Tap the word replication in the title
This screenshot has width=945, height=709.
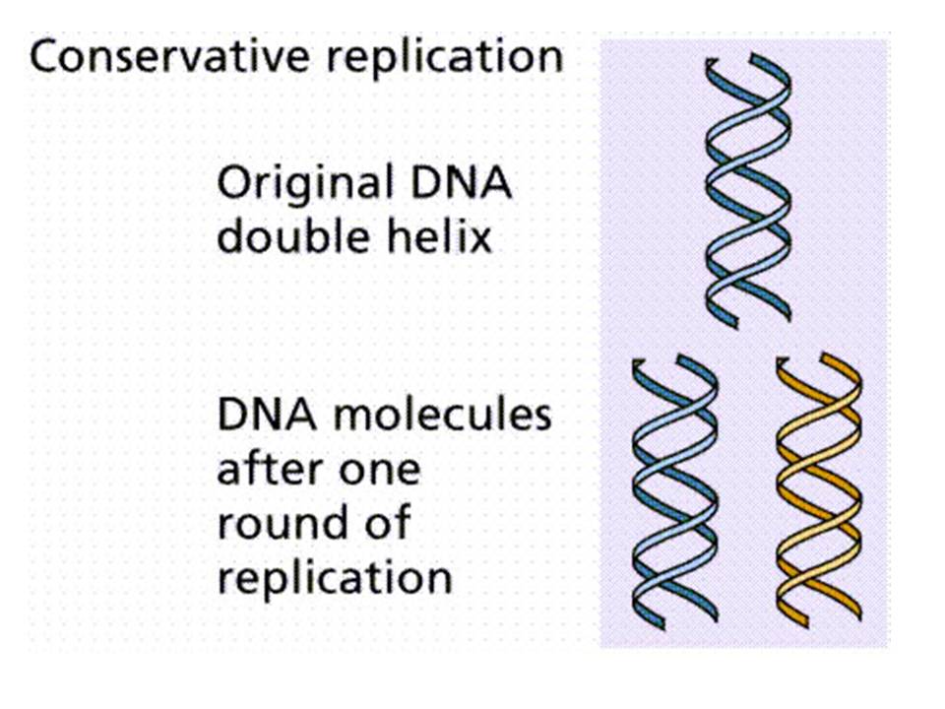pyautogui.click(x=459, y=58)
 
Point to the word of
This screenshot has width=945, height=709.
pyautogui.click(x=385, y=523)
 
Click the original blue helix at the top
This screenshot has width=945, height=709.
pyautogui.click(x=748, y=187)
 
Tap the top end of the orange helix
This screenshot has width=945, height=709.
pyautogui.click(x=818, y=366)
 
